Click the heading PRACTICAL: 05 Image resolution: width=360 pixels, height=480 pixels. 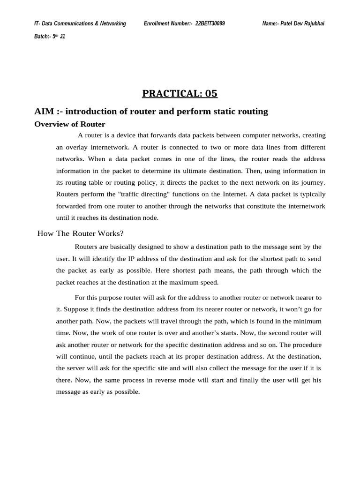[180, 93]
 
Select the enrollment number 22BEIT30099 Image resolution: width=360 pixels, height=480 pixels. [210, 23]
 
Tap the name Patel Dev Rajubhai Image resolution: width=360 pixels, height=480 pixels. [302, 23]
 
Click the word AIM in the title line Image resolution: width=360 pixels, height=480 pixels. [44, 112]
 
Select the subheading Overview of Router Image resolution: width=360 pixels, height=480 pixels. [70, 124]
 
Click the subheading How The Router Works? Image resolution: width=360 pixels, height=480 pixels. [80, 234]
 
